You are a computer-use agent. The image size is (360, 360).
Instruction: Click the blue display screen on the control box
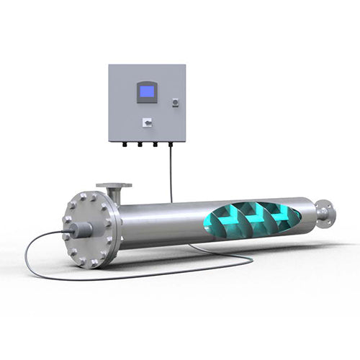(x=147, y=91)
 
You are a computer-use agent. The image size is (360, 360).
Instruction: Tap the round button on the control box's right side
(x=175, y=103)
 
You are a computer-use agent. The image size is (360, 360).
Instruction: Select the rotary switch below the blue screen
(x=147, y=122)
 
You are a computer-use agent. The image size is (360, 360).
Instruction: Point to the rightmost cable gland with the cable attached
(x=171, y=144)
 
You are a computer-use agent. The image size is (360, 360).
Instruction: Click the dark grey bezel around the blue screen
(x=147, y=84)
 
